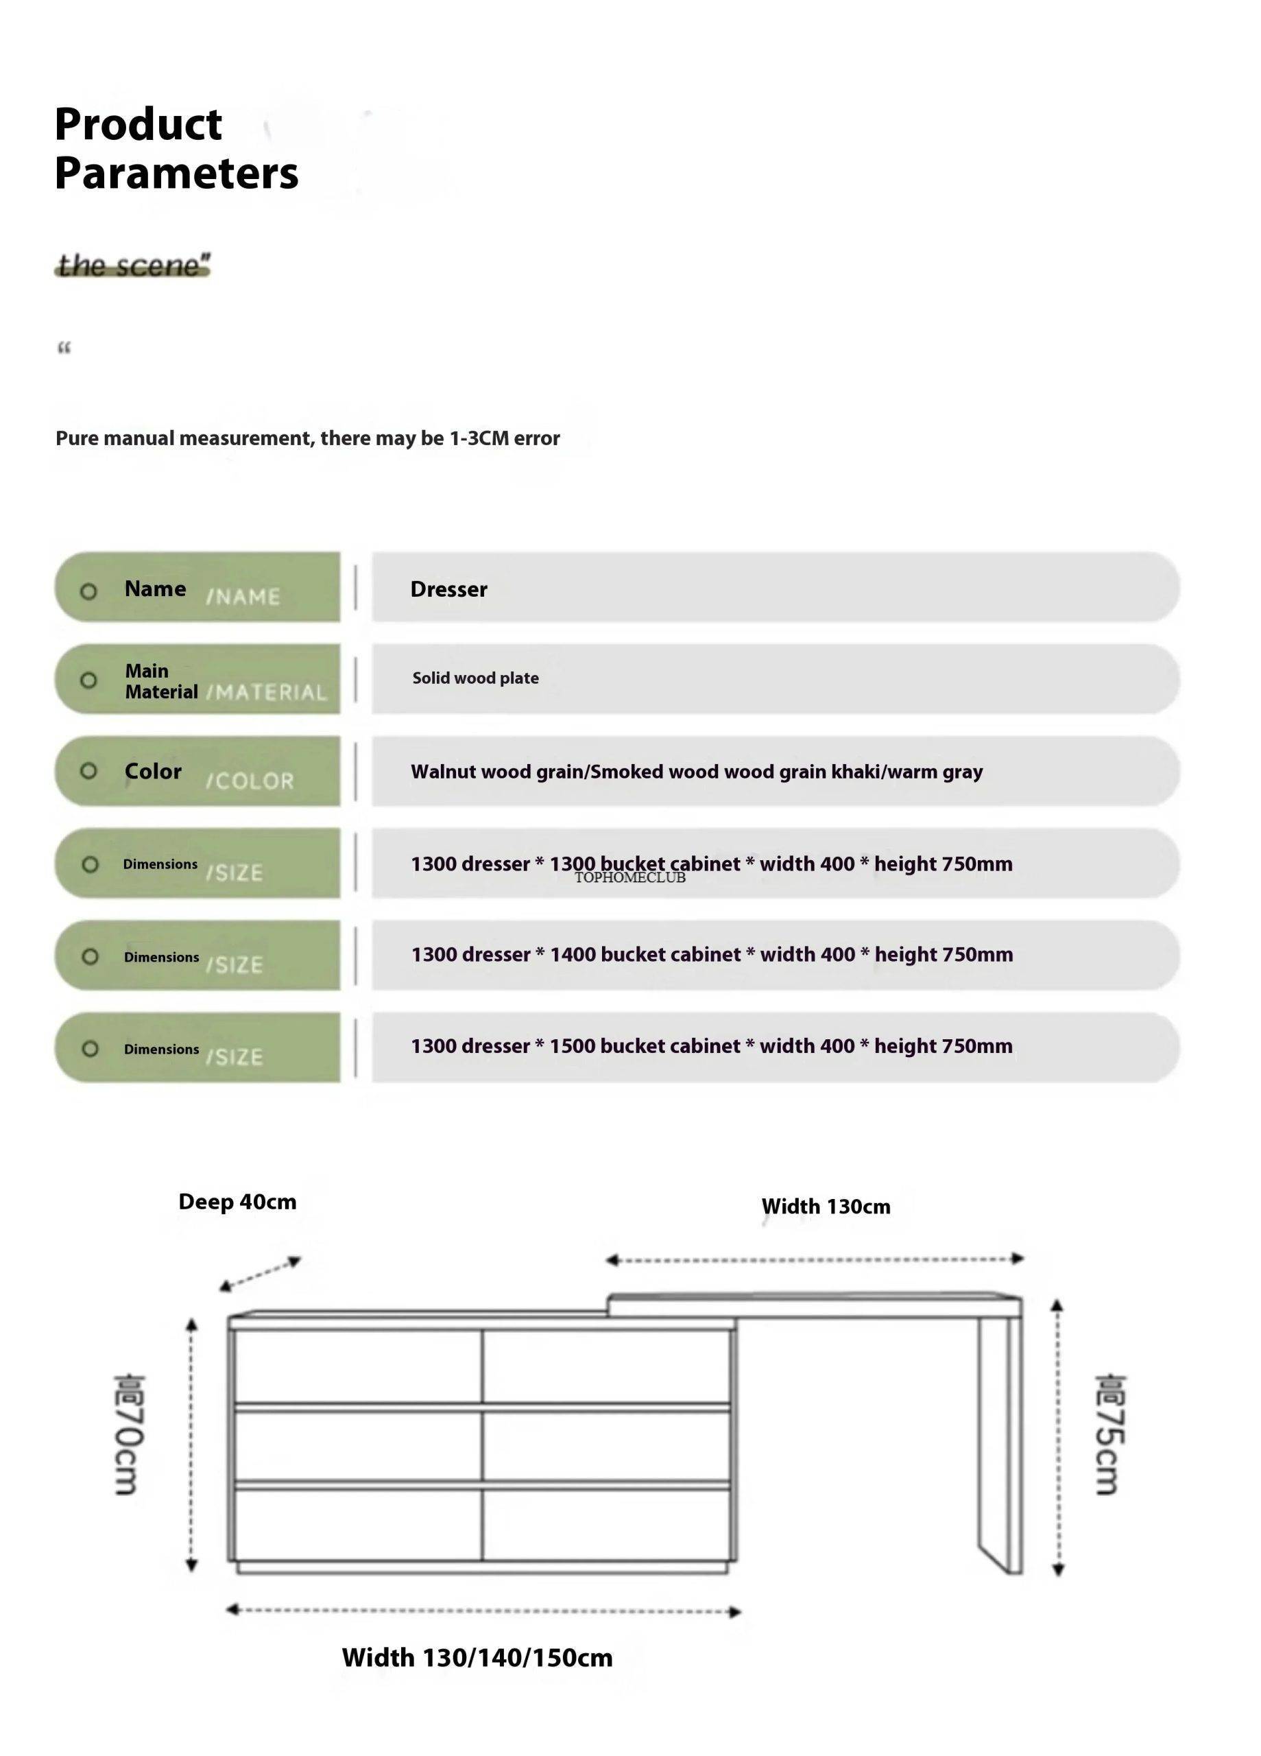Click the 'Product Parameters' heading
pos(176,148)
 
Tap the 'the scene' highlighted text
pos(132,265)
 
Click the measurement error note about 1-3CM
pos(307,438)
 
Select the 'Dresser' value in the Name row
pos(448,589)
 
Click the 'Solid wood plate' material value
pos(475,678)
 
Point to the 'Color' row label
pos(154,771)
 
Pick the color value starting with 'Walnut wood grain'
pos(696,772)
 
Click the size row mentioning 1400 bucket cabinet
pos(711,955)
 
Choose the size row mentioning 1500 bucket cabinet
pos(711,1046)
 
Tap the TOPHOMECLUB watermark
pos(629,878)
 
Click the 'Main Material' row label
pos(161,681)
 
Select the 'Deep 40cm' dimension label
pos(237,1202)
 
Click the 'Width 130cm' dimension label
pos(825,1207)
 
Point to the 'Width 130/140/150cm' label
pos(477,1658)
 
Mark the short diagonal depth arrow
pos(259,1274)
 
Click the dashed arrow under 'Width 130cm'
pos(815,1259)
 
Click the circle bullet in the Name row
pos(89,591)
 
